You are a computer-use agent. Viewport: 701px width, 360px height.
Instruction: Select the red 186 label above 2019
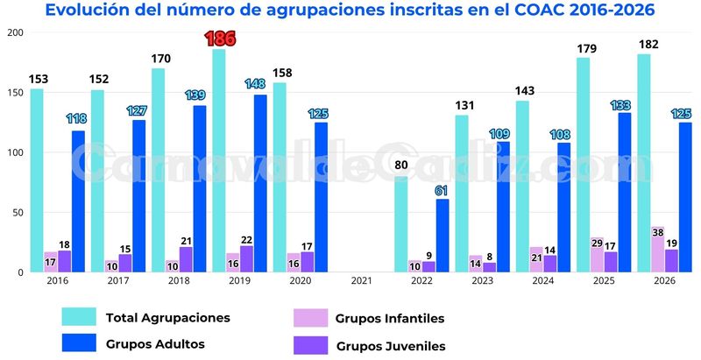219,39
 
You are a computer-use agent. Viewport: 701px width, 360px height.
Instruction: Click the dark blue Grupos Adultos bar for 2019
261,184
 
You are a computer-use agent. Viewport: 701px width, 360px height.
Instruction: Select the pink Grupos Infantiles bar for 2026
656,250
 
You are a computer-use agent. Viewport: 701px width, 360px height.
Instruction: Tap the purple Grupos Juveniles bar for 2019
246,259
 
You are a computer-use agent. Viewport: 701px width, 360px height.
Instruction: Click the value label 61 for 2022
443,190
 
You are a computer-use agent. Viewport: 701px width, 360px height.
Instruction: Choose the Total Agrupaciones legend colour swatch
78,317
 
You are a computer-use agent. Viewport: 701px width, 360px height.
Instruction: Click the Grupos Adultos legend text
155,344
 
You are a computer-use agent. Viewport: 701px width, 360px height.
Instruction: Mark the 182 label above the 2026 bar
649,45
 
